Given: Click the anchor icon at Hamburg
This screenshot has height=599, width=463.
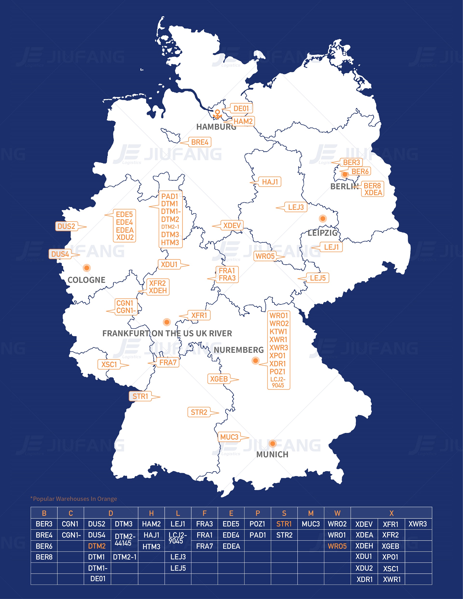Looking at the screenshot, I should [217, 114].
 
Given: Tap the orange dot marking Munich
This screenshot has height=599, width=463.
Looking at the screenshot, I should [272, 444].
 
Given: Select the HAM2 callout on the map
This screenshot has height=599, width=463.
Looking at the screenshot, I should [243, 121].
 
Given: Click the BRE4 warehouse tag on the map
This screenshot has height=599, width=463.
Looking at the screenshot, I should [199, 142].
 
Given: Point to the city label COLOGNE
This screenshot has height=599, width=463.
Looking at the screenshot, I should [87, 280].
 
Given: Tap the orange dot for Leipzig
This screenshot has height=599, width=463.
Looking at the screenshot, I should [323, 219].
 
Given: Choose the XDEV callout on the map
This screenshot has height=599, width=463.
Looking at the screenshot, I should [232, 226].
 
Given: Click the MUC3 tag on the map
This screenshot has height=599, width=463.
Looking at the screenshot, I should [229, 437].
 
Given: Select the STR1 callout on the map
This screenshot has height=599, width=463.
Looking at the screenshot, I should [140, 396].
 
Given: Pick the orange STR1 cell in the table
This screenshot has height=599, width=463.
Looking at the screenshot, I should [284, 524].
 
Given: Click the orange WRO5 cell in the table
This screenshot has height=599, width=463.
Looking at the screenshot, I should [337, 546].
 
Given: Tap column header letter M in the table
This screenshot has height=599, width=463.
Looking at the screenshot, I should [311, 513].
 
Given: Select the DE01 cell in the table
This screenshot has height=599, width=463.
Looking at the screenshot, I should [98, 579].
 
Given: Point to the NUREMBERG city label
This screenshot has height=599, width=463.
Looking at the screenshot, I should [238, 350].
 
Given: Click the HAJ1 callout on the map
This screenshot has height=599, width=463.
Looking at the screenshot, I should [270, 182].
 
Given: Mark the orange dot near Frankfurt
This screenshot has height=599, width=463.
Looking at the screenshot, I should [167, 322].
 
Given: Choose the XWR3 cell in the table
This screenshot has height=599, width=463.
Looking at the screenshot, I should [417, 524].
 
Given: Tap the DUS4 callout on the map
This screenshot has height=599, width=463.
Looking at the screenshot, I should [60, 254].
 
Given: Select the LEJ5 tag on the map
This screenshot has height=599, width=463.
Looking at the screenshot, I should [318, 278].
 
